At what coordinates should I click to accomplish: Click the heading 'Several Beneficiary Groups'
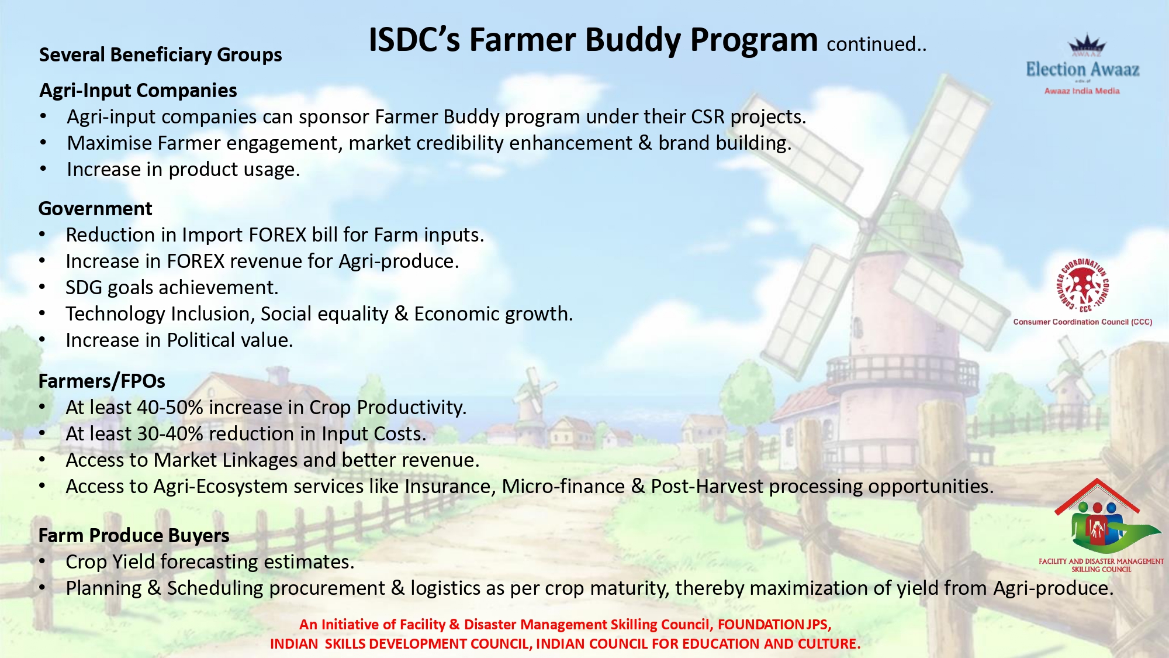click(160, 55)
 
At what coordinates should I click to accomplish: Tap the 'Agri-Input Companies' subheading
click(138, 91)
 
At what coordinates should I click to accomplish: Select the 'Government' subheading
click(95, 209)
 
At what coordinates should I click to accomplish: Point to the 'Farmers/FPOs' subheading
click(102, 381)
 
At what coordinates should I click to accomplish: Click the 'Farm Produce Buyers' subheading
click(134, 536)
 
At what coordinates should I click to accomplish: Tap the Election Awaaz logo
click(1083, 64)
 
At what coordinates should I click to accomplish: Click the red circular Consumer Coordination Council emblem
click(1082, 285)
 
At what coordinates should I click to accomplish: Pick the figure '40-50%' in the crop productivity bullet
click(170, 408)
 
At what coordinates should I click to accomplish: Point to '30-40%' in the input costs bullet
click(170, 434)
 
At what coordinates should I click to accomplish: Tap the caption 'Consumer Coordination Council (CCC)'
click(1082, 322)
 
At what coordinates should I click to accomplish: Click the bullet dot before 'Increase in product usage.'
click(43, 169)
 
